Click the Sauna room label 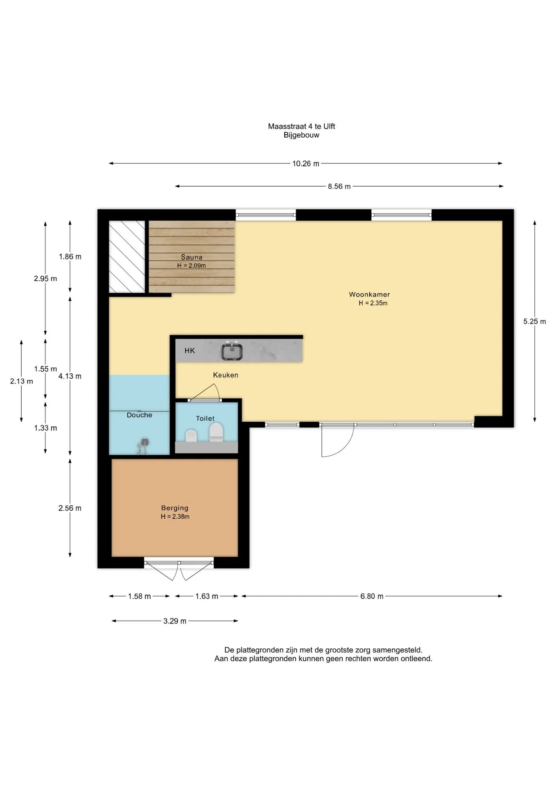192,257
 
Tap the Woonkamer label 369,294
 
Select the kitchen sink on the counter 232,351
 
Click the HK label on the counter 190,350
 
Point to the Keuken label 226,375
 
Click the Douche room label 140,415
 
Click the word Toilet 205,418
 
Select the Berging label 175,508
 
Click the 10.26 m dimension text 306,164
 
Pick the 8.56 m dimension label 339,187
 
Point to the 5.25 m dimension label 535,321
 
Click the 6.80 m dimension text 372,596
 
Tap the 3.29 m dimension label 175,621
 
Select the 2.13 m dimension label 22,381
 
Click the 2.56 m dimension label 70,508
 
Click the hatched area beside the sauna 127,257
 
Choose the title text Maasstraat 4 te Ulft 302,126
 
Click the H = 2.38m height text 175,517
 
